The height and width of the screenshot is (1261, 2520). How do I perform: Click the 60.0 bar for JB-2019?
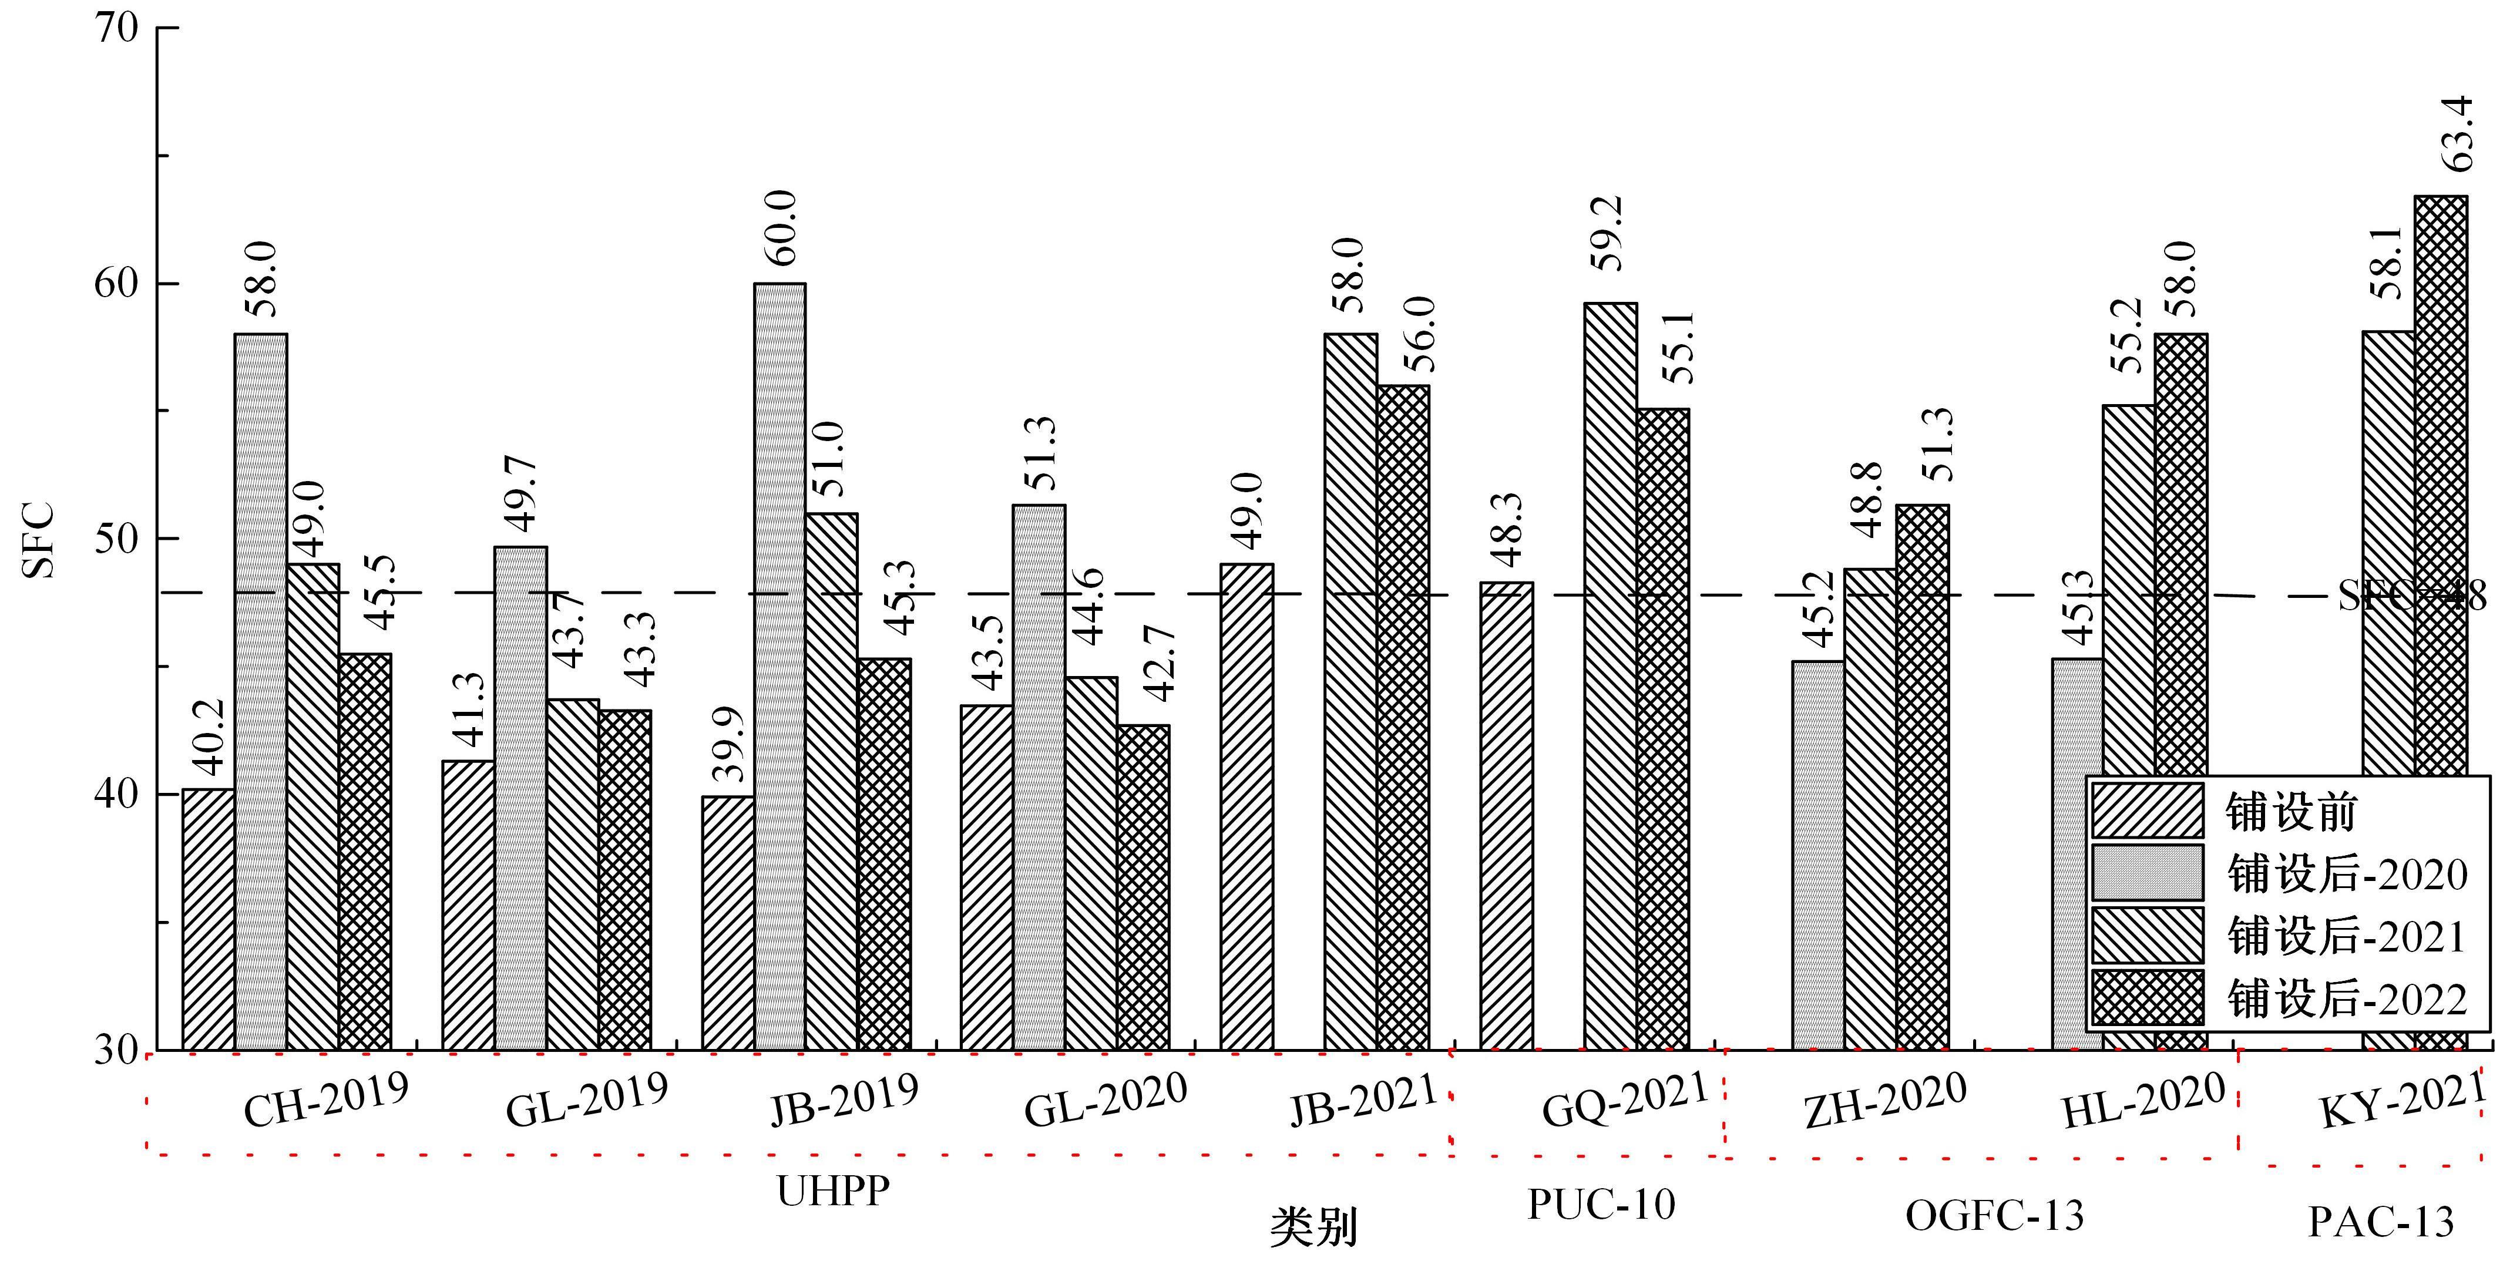coord(779,665)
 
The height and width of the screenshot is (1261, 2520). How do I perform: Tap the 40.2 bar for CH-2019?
coord(209,920)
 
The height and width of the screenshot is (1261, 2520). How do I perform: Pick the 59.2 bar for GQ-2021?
coord(1610,675)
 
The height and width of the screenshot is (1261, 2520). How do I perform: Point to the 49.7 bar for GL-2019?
coord(520,797)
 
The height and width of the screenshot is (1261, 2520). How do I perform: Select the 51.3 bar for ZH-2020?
coord(1922,777)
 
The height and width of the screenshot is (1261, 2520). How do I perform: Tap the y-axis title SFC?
coord(39,539)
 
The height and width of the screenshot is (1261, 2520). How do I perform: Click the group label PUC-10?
coord(1601,1204)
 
